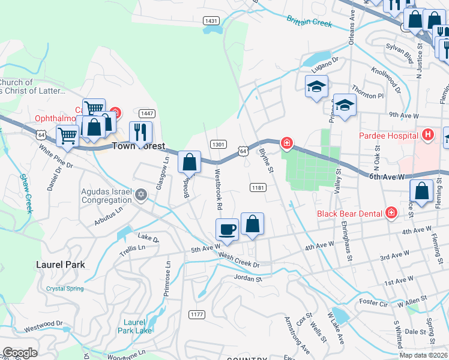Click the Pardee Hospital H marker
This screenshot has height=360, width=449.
coord(427,135)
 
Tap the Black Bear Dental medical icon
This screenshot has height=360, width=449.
coord(391,212)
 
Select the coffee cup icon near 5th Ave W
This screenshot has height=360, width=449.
coord(228,229)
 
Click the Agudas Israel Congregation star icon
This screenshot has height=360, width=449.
coord(141,194)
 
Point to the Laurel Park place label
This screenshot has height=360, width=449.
coord(60,264)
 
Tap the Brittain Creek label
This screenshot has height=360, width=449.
coord(309,22)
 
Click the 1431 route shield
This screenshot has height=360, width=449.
coord(211,20)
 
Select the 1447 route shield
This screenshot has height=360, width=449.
coord(146,113)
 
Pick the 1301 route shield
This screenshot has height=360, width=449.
coord(218,144)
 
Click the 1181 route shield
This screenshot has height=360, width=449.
coord(258,188)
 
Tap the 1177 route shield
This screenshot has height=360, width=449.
coord(196,314)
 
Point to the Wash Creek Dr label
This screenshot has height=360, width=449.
coord(238,260)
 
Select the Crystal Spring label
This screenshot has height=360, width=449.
coord(65,289)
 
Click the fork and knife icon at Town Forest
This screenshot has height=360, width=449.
coord(140,131)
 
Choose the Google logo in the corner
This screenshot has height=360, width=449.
coord(20,353)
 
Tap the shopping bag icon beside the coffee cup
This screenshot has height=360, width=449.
coord(253,223)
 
